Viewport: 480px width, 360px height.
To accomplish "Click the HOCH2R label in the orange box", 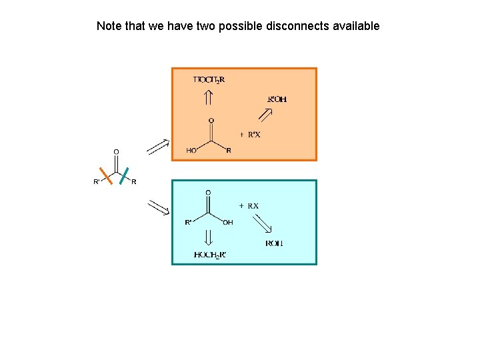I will coord(209,80).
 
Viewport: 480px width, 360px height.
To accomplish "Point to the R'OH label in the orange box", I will coord(277,99).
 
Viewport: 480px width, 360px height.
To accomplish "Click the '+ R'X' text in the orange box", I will coord(250,134).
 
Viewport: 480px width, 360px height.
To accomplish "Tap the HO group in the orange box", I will coord(191,151).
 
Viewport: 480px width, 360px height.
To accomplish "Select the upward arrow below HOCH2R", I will coord(209,97).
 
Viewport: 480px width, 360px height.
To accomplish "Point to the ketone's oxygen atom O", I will coord(116,151).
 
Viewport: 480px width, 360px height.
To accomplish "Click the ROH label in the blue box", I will coord(274,243).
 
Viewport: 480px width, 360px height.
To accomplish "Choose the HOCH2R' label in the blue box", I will coord(209,255).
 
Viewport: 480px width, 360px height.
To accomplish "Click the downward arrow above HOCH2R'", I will coord(209,237).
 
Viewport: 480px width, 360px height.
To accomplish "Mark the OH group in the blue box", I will coord(228,223).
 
